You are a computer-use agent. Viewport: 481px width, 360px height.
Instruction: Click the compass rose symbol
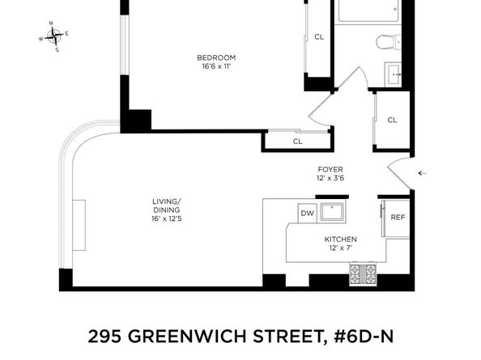pyautogui.click(x=55, y=36)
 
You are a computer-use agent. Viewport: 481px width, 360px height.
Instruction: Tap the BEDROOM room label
pyautogui.click(x=216, y=57)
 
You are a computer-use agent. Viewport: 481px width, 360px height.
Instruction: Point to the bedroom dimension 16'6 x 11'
pyautogui.click(x=216, y=67)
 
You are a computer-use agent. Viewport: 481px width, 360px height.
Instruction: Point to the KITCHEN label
pyautogui.click(x=340, y=240)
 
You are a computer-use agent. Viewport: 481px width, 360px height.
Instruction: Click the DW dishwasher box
pyautogui.click(x=307, y=214)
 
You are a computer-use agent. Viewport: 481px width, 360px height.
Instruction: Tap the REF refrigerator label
pyautogui.click(x=397, y=218)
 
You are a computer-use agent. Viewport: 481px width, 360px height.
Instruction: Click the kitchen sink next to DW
pyautogui.click(x=332, y=213)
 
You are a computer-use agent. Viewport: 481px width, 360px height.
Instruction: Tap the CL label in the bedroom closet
pyautogui.click(x=319, y=37)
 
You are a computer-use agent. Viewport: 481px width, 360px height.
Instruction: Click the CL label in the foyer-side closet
pyautogui.click(x=392, y=121)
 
